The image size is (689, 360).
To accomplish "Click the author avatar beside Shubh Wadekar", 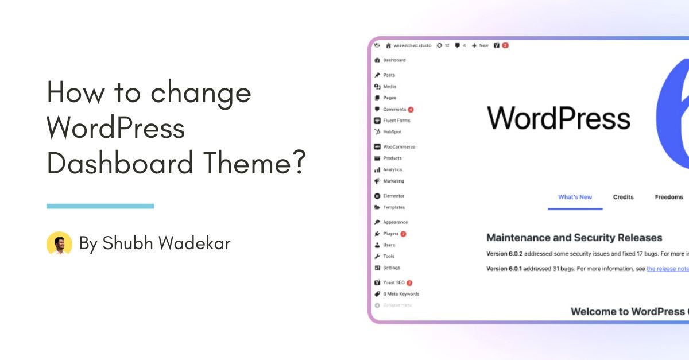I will point(59,243).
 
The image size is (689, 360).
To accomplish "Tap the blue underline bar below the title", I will point(100,206).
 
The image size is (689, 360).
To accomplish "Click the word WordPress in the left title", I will point(115,128).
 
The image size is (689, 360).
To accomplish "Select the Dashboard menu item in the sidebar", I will point(394,60).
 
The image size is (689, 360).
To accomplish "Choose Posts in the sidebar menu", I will point(389,75).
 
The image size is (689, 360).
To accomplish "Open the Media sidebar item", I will point(389,87).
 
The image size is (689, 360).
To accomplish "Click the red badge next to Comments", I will point(411,110).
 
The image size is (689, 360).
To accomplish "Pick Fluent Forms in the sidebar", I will point(396,121).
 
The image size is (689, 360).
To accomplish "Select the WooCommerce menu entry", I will point(398,147).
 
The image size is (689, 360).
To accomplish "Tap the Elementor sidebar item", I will point(393,196).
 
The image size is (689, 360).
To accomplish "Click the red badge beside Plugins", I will point(404,234).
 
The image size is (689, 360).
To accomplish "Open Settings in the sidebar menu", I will point(391,268).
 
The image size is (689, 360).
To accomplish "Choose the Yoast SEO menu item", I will point(393,282).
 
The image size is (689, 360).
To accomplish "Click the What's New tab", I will point(575,197).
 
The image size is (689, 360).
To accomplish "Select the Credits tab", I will point(623,197).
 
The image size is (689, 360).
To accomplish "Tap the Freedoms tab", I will point(669,197).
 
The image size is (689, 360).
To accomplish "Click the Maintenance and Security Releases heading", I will point(574,238).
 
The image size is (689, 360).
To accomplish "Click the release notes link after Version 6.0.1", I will point(668,269).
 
